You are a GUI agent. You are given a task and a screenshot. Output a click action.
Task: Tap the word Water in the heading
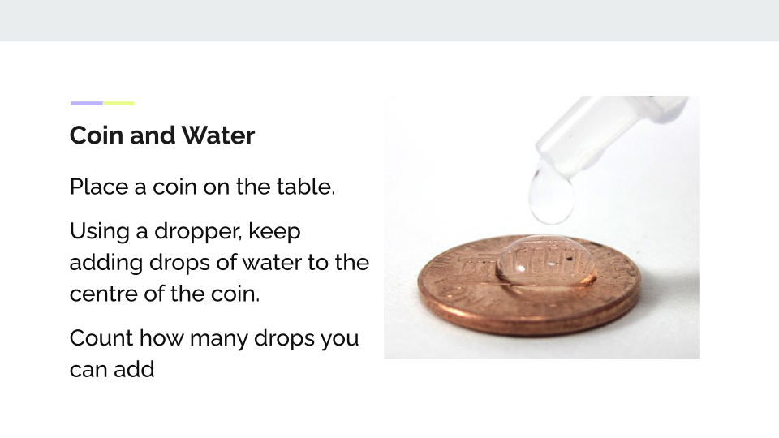218,135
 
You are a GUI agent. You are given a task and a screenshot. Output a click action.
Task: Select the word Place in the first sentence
99,187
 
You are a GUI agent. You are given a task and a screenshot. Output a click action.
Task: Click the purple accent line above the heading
87,103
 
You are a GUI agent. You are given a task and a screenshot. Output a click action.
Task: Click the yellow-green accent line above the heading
118,103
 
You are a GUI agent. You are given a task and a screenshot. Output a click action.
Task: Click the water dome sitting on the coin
546,262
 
